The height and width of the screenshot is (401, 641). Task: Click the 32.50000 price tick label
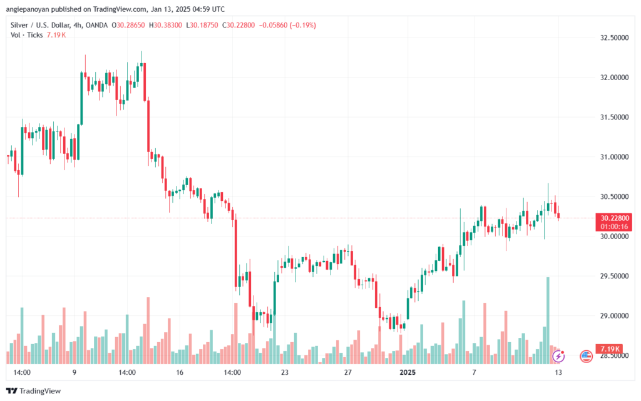(x=614, y=38)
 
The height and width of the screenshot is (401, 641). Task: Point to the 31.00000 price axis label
(x=614, y=157)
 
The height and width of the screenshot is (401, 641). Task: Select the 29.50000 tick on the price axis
(x=614, y=276)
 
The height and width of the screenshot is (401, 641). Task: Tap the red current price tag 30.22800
(x=613, y=218)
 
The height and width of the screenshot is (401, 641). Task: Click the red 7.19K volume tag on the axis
(x=609, y=348)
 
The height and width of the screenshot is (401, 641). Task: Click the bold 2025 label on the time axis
(x=407, y=372)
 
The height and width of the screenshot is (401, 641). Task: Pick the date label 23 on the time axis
(x=285, y=372)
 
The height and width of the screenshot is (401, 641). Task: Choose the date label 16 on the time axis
(x=180, y=372)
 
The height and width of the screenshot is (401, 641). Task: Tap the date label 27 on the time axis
(x=348, y=372)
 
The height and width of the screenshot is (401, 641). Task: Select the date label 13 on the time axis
(x=558, y=372)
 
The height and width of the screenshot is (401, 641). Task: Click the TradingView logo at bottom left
(x=34, y=391)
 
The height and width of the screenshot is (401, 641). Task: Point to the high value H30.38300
(x=165, y=25)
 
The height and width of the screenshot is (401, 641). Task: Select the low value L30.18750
(x=202, y=25)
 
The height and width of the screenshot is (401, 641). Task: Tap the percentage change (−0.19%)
(x=303, y=25)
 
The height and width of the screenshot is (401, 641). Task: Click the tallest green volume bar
(x=548, y=320)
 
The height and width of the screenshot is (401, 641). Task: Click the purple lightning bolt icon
(x=558, y=356)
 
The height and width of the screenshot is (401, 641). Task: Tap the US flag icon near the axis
(x=586, y=356)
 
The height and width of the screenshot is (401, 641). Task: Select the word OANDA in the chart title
(x=96, y=25)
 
